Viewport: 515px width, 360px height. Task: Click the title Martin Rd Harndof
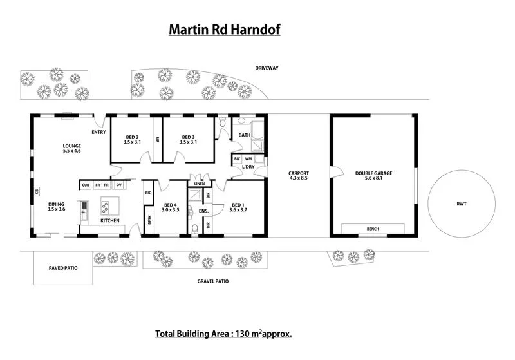tap(225, 30)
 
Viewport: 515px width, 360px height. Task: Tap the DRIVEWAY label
tap(266, 68)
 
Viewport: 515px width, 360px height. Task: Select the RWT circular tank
tap(462, 204)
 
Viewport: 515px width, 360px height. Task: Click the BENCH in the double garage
tap(373, 229)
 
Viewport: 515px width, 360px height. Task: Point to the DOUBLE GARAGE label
tap(373, 173)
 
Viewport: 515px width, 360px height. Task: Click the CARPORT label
tap(299, 173)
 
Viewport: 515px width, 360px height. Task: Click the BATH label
tap(244, 135)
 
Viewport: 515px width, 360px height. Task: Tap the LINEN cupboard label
tap(200, 184)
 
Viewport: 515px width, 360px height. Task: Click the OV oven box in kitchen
tap(118, 185)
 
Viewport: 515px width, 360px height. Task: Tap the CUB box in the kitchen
tap(86, 185)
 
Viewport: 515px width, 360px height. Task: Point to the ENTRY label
tap(98, 133)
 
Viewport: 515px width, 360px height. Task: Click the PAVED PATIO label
tap(63, 267)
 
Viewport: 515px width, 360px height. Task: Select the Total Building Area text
tap(223, 334)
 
